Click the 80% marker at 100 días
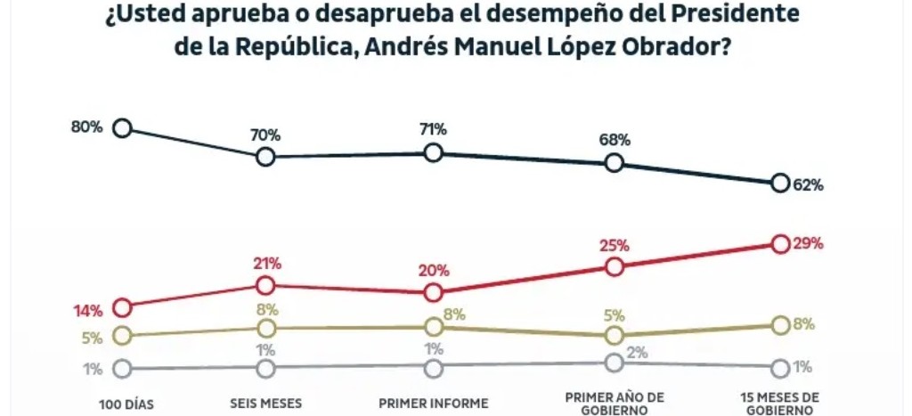[x=123, y=128]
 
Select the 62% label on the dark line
[x=809, y=185]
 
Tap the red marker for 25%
[x=614, y=266]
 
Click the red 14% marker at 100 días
[x=123, y=307]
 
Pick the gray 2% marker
[x=614, y=362]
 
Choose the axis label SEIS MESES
[x=265, y=403]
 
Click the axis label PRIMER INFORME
[x=434, y=403]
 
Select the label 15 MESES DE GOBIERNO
[x=780, y=403]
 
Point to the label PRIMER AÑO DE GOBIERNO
[x=614, y=403]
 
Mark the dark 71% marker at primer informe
[x=434, y=152]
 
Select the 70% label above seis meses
[x=265, y=135]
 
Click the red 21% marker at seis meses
[x=265, y=285]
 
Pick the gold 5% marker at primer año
[x=614, y=335]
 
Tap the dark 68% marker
[x=614, y=162]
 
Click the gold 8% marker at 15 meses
[x=780, y=325]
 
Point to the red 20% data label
[x=435, y=271]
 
